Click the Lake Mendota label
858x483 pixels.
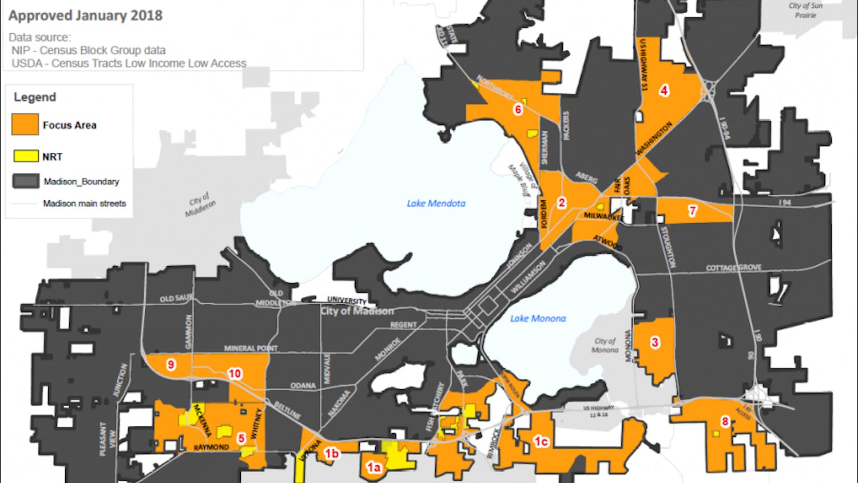436,203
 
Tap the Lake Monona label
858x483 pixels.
538,319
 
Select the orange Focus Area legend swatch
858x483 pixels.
25,124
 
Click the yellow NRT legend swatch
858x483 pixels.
26,156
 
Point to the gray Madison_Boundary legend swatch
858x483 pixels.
26,181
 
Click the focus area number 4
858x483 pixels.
664,90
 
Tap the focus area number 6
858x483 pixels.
518,109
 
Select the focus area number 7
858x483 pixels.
693,211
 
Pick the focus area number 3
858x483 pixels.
655,342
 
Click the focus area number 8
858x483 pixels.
725,422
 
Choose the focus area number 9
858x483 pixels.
170,364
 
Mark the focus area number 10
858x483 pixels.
235,374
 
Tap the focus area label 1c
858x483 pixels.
541,441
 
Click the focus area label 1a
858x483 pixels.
374,468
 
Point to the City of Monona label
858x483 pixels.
605,345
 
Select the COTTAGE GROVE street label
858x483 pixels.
733,267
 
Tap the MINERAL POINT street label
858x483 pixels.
251,348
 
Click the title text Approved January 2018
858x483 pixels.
85,15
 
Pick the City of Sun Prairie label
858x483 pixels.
805,10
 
